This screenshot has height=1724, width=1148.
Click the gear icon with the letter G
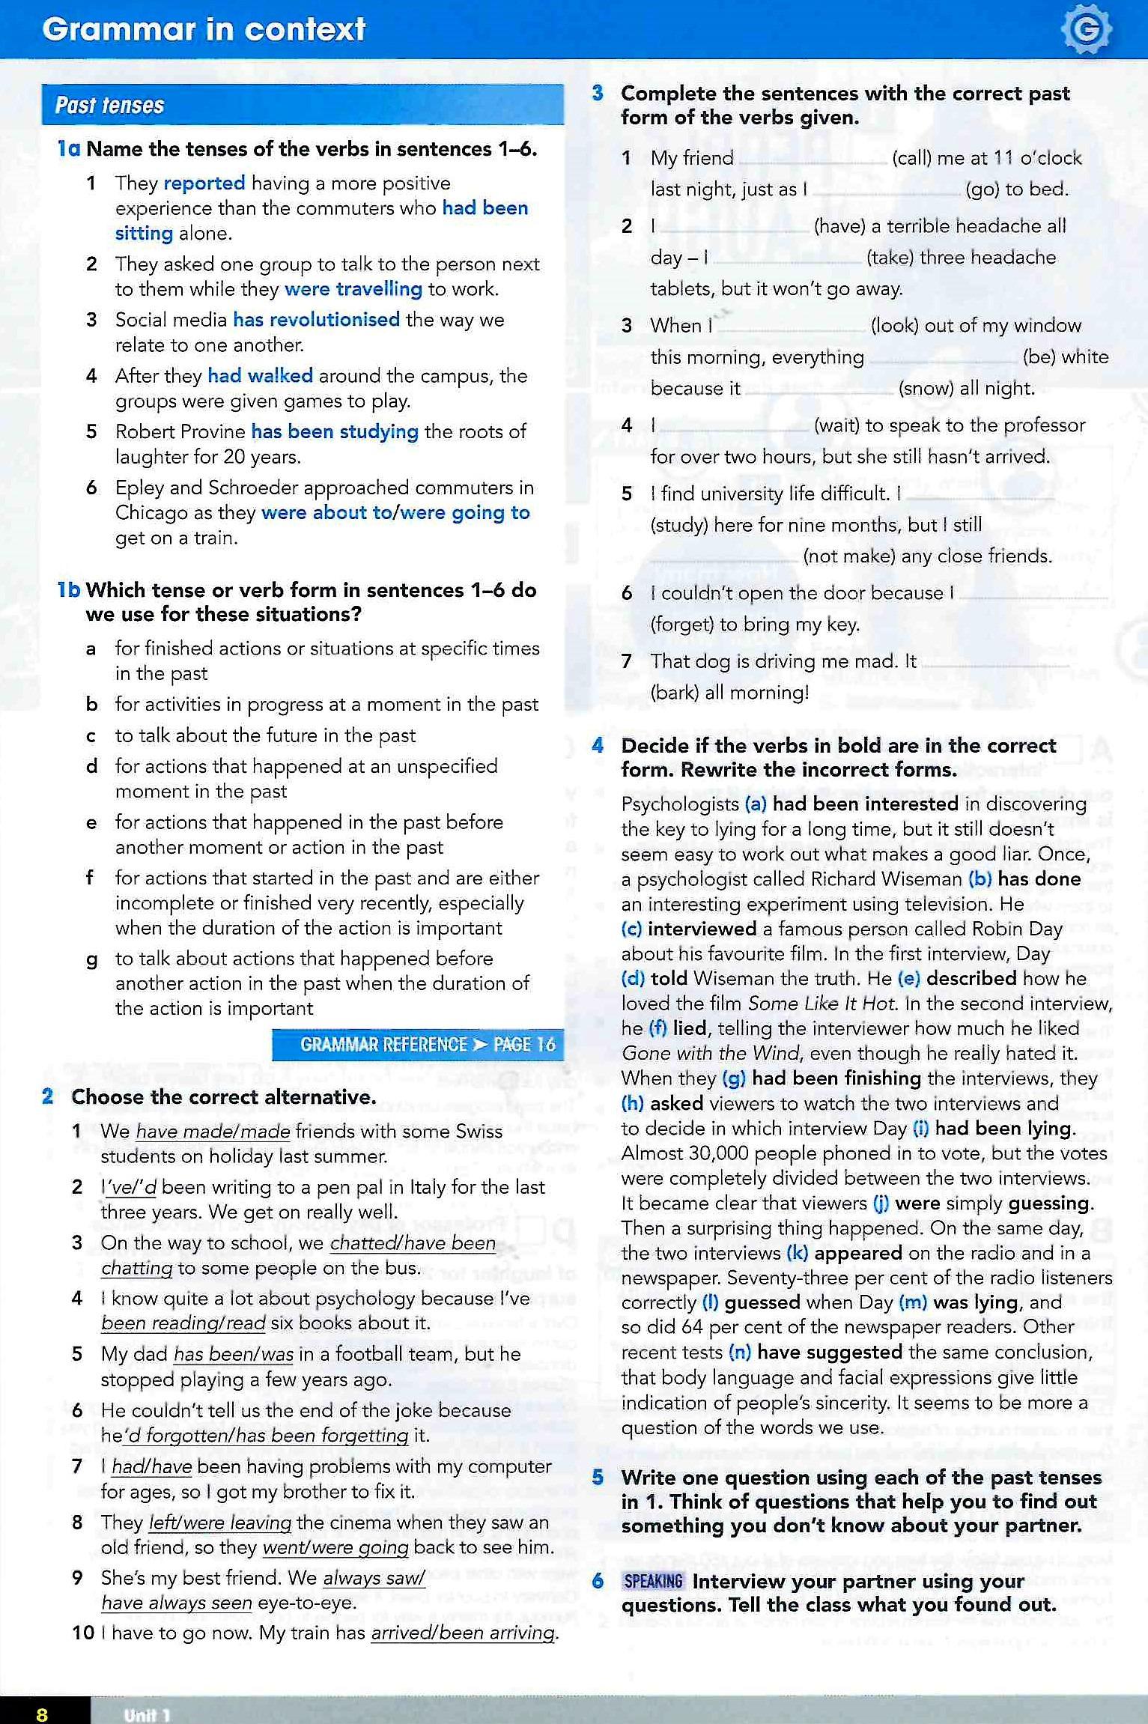pos(1085,30)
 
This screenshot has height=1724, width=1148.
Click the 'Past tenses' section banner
pos(303,105)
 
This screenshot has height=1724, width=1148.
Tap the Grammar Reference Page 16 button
pos(418,1044)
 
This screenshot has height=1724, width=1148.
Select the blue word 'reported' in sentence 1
pos(204,183)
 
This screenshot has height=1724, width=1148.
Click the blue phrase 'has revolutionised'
pos(316,320)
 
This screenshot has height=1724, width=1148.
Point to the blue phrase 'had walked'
pos(260,375)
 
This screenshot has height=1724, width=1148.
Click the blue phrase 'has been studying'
pos(334,431)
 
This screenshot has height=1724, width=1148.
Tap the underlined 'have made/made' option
pos(213,1132)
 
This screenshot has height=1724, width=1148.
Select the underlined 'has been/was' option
pos(233,1354)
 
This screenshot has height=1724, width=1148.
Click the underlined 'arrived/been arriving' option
pos(464,1633)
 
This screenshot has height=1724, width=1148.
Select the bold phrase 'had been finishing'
pos(836,1078)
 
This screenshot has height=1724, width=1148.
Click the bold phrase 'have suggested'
pos(829,1352)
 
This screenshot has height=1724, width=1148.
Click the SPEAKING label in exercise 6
pos(653,1581)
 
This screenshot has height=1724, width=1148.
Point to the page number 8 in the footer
pos(42,1714)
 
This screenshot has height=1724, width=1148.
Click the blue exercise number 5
pos(598,1478)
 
